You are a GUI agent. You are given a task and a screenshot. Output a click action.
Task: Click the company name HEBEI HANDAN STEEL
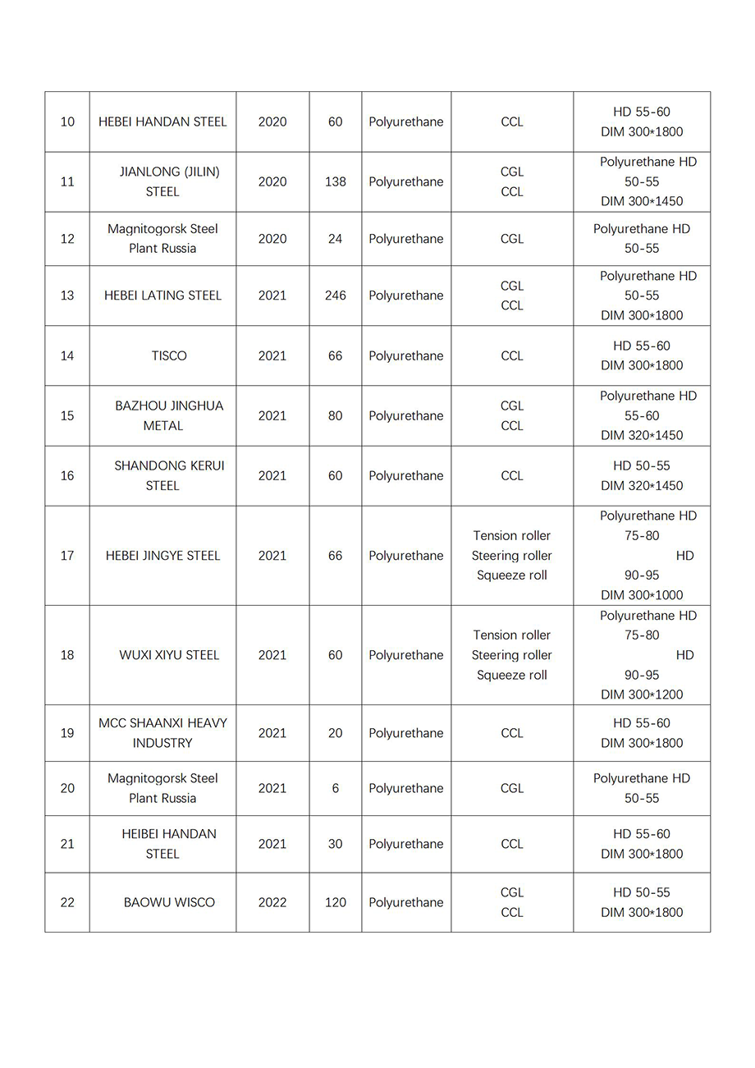tap(162, 121)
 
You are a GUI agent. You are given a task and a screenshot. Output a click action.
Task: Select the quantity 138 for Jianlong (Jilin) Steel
tap(335, 181)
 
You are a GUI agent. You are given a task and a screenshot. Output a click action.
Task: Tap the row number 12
tap(67, 239)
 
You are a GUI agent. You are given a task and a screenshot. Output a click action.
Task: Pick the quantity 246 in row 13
tap(335, 296)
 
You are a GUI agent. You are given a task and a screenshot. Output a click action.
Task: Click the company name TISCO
tap(169, 355)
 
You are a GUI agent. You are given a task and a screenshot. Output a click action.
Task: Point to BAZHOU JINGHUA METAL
tap(168, 415)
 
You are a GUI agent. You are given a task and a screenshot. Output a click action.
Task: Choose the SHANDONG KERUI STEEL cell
tap(168, 475)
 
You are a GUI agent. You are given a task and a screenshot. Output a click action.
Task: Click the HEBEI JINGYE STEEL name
tap(162, 556)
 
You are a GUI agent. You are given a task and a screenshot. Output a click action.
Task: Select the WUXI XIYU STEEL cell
tap(169, 655)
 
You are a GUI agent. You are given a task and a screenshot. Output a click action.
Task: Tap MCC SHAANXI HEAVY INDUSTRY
tap(162, 733)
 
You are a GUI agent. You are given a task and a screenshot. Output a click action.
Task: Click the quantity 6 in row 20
tap(335, 788)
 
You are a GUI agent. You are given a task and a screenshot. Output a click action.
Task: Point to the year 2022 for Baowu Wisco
tap(272, 902)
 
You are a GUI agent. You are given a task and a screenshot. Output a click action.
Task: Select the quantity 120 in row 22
tap(335, 902)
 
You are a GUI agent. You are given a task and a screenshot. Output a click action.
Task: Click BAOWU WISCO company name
tap(169, 902)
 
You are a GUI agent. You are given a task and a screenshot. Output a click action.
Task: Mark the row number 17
tap(67, 556)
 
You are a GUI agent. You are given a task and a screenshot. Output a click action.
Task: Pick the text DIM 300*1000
tap(642, 595)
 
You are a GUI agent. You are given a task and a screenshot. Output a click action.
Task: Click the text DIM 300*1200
tap(642, 694)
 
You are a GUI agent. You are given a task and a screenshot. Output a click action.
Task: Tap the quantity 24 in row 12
tap(335, 239)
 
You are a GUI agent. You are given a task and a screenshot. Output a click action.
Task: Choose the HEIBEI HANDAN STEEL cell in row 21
tap(168, 844)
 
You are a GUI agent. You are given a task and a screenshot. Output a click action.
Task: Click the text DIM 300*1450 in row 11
tap(642, 201)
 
